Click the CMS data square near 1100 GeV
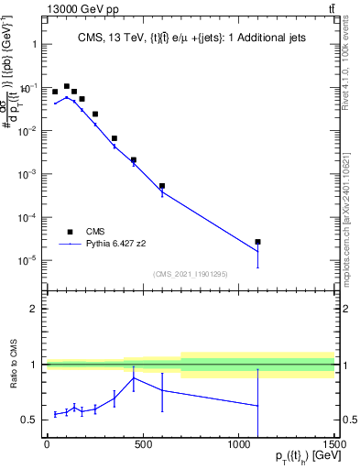(258, 242)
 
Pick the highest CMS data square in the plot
(66, 86)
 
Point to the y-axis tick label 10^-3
(28, 174)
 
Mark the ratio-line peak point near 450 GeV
(134, 377)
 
